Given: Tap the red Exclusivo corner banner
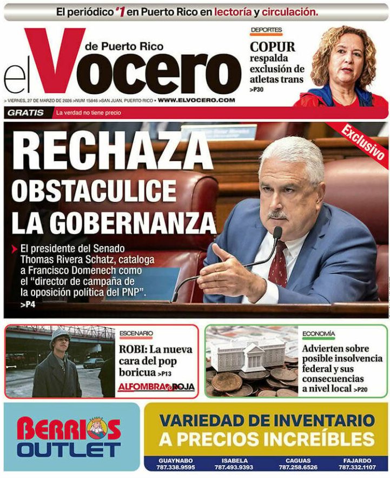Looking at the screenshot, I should coord(363,141).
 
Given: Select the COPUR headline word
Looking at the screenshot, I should coord(272,47).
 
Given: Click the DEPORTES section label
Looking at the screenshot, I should coord(266,30).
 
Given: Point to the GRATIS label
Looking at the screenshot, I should coord(25,113).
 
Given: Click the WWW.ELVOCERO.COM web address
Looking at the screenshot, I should coord(196,101).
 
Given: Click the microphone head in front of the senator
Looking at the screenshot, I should coord(277,233).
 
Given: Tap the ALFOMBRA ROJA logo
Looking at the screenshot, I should coord(156,387).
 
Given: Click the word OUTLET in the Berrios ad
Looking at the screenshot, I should coord(69,449).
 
